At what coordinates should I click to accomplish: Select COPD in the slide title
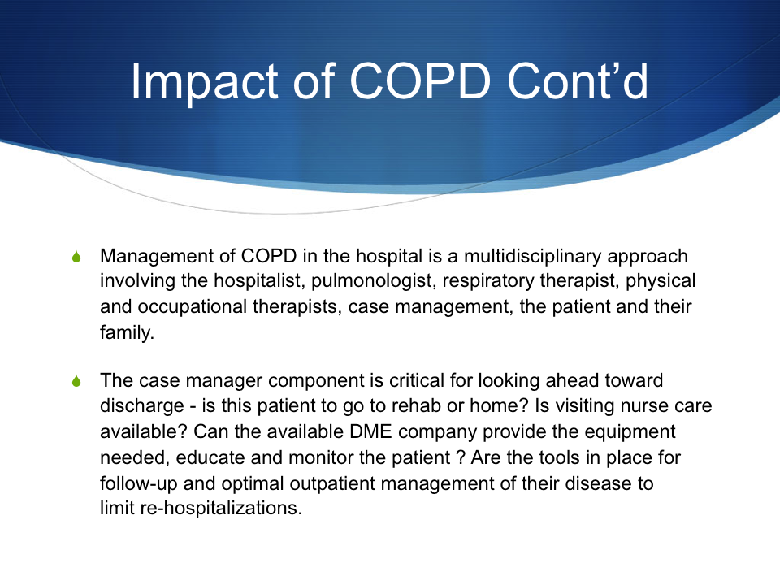[x=420, y=80]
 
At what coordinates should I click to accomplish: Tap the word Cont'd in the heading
[x=578, y=80]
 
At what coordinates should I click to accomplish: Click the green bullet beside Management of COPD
[x=76, y=257]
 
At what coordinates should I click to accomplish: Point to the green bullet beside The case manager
[x=76, y=381]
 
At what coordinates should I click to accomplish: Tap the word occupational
[x=192, y=307]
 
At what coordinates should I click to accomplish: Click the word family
[x=127, y=333]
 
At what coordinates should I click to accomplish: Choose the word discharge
[x=141, y=406]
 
